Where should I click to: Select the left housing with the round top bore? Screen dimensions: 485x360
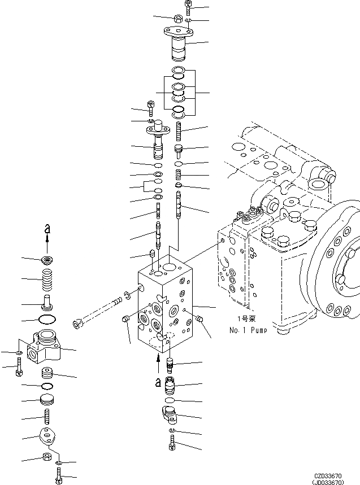pyautogui.click(x=45, y=345)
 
